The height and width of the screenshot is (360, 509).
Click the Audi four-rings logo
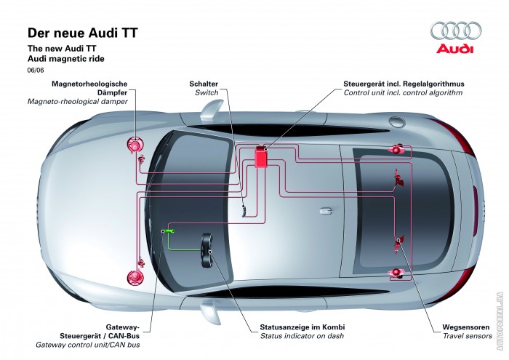click(456, 31)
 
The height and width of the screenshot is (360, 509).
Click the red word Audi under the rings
click(456, 49)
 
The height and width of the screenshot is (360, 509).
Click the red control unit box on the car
click(260, 157)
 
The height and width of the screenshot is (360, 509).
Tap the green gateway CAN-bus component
click(171, 231)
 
